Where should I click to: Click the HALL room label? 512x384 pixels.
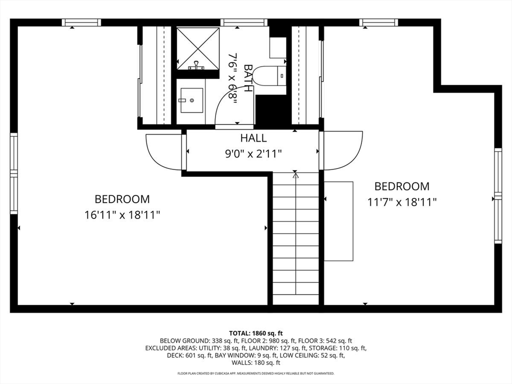253,138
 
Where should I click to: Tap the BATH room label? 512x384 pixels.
248,78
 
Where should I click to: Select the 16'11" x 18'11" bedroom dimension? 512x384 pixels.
122,215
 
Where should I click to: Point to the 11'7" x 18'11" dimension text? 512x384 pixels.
402,202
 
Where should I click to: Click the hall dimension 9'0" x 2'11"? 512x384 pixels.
253,153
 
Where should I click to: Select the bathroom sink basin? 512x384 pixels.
191,100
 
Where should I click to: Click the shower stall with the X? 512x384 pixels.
198,48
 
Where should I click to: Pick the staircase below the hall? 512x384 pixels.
295,238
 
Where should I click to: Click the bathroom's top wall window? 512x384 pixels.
244,22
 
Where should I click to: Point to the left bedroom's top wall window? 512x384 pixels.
81,22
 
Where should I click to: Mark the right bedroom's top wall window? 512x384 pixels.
379,22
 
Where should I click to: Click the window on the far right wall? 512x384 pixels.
498,195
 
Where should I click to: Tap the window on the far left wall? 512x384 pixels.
13,173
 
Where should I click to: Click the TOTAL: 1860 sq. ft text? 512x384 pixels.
256,333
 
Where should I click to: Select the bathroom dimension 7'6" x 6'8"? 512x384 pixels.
232,79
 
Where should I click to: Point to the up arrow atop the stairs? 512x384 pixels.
295,175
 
